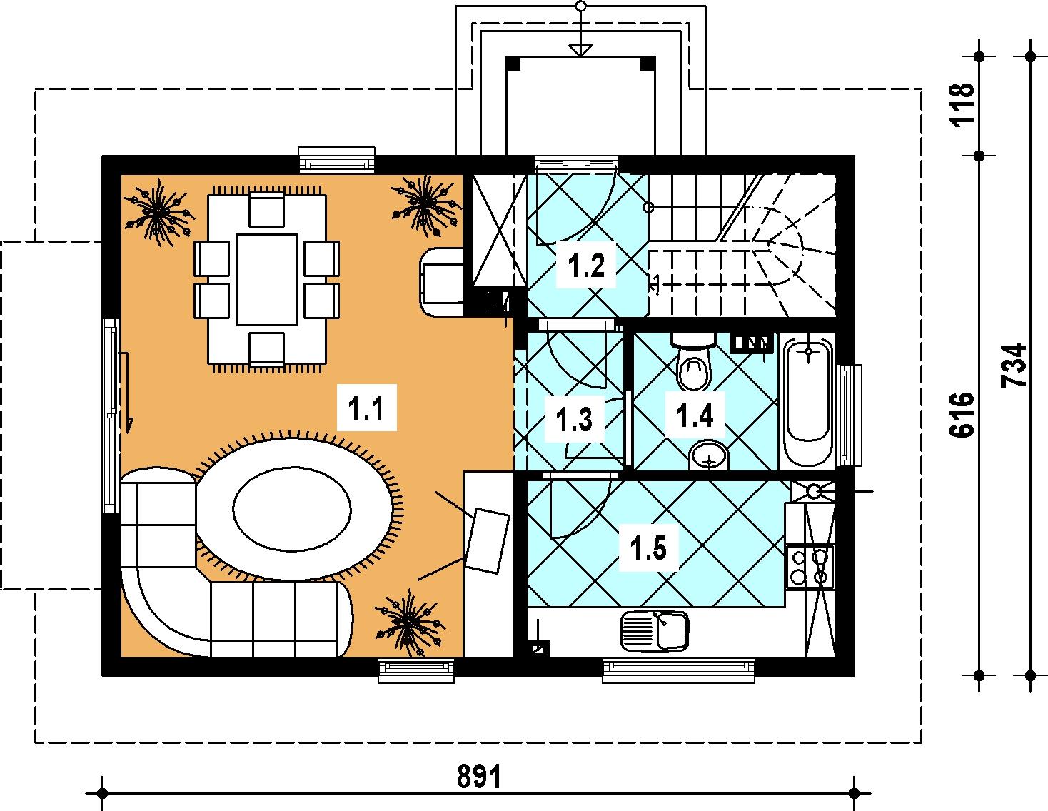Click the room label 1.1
366,408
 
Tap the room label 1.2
586,265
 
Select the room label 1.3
574,418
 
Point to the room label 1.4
695,415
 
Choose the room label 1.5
648,548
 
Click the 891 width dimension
479,776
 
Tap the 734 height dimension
1013,366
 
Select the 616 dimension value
961,415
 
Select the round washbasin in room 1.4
709,454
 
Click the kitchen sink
655,630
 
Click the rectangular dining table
267,280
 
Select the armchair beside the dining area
442,283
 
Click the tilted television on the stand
488,540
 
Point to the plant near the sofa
410,622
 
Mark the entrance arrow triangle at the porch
580,50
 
